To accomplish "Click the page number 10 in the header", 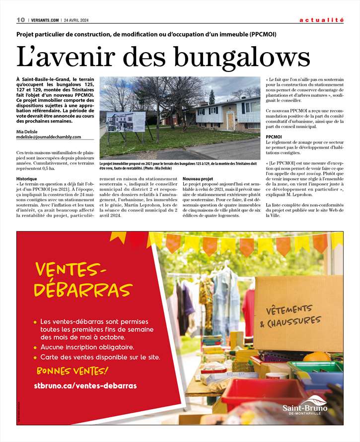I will [20, 20].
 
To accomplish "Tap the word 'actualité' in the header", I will [321, 20].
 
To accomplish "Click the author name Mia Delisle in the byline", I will [26, 131].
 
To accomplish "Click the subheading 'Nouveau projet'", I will [198, 178].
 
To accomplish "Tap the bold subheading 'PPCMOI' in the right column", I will [274, 136].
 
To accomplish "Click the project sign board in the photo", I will [126, 122].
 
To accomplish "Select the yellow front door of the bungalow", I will [230, 121].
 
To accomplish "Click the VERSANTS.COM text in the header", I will [44, 20].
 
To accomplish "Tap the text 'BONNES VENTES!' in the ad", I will [72, 370].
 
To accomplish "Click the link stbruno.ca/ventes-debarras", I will [85, 385].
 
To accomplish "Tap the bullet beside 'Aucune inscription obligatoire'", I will [35, 347].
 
